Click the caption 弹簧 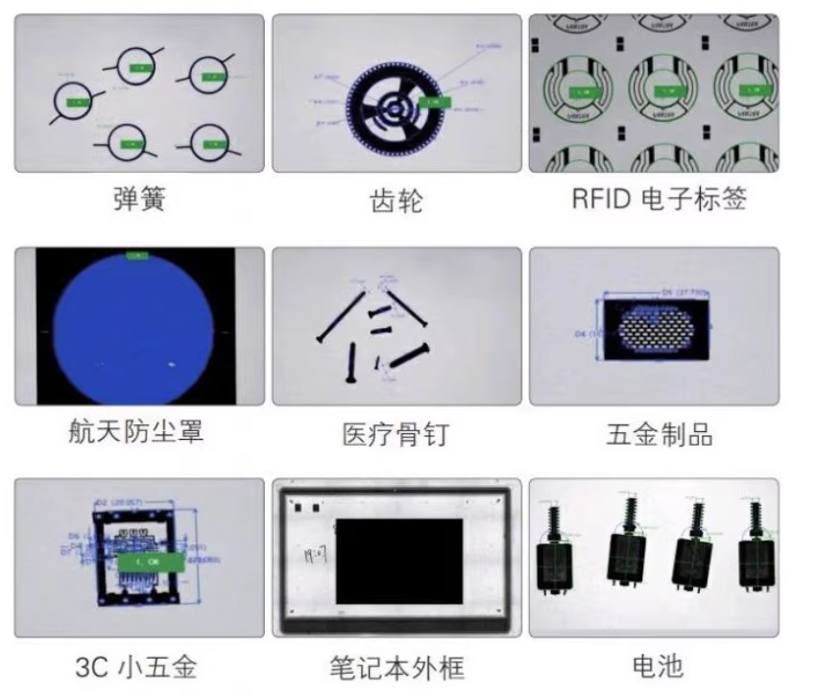[139, 199]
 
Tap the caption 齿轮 [396, 201]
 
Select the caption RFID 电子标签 [659, 199]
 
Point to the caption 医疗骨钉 [396, 434]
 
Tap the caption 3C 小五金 [139, 665]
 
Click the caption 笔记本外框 [396, 666]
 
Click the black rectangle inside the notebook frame [398, 562]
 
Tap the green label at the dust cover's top [138, 254]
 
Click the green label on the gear [432, 101]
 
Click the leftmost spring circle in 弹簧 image [75, 99]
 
